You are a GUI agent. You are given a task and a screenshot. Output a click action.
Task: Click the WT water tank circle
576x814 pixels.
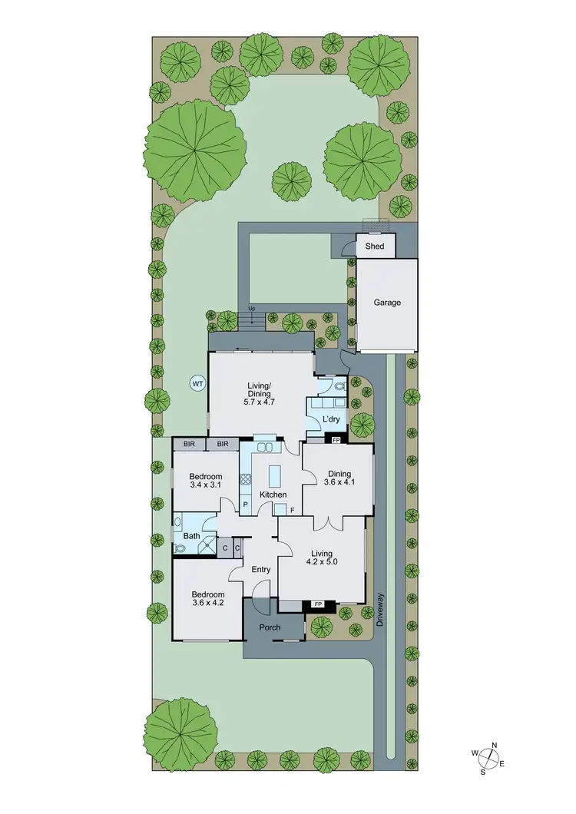coord(197,382)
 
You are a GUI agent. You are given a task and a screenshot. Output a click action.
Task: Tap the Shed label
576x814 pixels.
coord(374,247)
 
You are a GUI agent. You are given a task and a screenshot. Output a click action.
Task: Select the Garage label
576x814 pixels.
coord(387,303)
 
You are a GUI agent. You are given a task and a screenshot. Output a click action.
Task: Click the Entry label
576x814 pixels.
coord(261,569)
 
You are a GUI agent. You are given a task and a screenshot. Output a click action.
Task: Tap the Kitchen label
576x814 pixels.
coord(273,495)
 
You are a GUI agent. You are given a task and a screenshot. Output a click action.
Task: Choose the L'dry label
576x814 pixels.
coord(331,419)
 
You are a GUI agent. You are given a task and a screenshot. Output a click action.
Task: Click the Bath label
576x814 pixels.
coord(191,536)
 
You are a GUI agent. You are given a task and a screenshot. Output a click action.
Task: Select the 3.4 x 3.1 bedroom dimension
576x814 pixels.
coord(205,485)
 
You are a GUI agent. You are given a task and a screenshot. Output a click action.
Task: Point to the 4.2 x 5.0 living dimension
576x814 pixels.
coord(321,562)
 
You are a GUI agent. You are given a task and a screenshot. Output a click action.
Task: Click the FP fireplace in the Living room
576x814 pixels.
coord(318,605)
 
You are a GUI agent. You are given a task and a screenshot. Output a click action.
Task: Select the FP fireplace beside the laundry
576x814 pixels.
coord(336,440)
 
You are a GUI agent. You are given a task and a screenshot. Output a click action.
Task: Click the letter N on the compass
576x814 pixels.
coord(495,745)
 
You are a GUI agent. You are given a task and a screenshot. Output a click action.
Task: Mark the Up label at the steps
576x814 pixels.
coord(250,309)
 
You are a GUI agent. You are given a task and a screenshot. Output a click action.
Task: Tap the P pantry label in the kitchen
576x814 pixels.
coord(246,505)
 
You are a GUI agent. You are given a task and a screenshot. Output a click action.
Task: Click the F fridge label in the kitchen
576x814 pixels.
coord(292,509)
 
